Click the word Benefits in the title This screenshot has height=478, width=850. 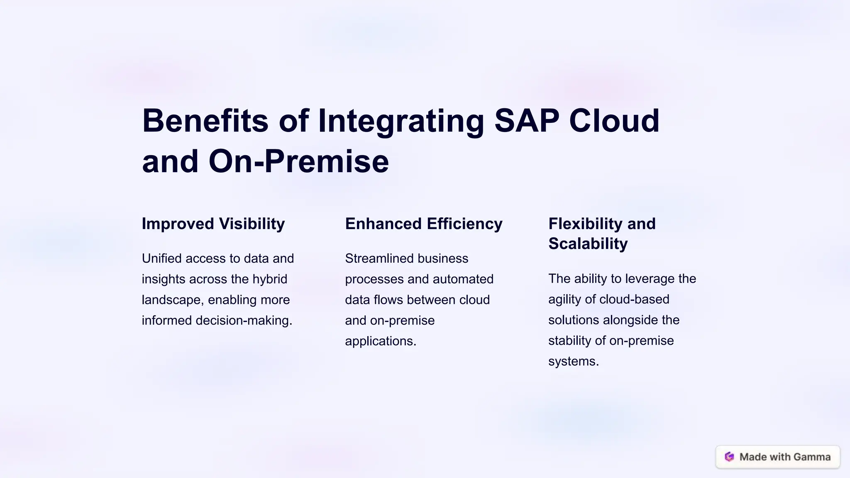(x=205, y=121)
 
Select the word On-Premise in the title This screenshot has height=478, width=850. (x=298, y=161)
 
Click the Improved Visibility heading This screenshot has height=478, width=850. (x=213, y=224)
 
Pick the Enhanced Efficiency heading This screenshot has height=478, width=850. (x=424, y=224)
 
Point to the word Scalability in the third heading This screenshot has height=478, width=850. (x=588, y=244)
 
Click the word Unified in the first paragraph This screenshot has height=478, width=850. (x=162, y=259)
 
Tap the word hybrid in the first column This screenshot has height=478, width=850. (x=270, y=279)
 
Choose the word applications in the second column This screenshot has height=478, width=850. (x=380, y=341)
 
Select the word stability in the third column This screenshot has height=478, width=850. (x=569, y=341)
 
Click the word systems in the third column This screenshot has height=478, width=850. (x=573, y=361)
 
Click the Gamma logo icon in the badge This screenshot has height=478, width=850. (x=729, y=457)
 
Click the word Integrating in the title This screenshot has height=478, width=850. (x=401, y=121)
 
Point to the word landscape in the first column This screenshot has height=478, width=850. (x=172, y=300)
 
